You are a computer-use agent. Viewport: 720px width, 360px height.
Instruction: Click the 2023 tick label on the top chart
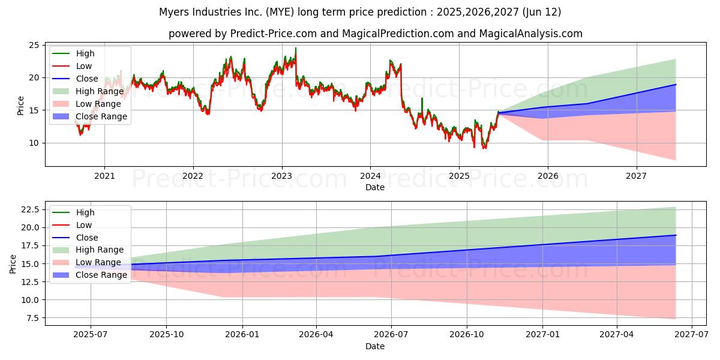click(x=281, y=176)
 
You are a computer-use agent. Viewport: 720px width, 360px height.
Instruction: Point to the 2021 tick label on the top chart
click(x=104, y=176)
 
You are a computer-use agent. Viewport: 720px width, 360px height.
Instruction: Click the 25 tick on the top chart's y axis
click(x=34, y=46)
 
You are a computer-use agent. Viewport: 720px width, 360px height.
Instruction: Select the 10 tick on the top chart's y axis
click(x=34, y=143)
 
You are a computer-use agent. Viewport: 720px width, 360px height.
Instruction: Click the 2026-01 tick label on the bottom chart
click(x=242, y=335)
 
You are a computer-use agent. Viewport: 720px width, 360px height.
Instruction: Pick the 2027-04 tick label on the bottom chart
click(x=617, y=335)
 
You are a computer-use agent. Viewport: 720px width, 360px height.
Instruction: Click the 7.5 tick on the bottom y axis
click(x=31, y=318)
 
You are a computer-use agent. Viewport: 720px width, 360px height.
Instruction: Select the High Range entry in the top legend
click(x=100, y=91)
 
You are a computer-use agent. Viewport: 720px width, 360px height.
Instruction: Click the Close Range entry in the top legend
click(x=101, y=116)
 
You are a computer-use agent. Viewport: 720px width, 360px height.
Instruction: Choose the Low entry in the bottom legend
click(x=84, y=225)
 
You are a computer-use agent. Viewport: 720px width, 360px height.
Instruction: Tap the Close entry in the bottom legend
click(x=87, y=238)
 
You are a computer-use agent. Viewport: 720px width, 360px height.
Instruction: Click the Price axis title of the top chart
click(x=20, y=106)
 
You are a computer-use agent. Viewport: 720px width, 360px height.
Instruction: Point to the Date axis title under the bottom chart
click(x=375, y=346)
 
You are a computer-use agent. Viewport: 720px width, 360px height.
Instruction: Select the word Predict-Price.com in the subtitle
click(x=262, y=34)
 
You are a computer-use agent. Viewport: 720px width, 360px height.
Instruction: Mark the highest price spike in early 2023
click(x=295, y=48)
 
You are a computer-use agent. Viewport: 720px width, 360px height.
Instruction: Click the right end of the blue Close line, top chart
click(x=676, y=85)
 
